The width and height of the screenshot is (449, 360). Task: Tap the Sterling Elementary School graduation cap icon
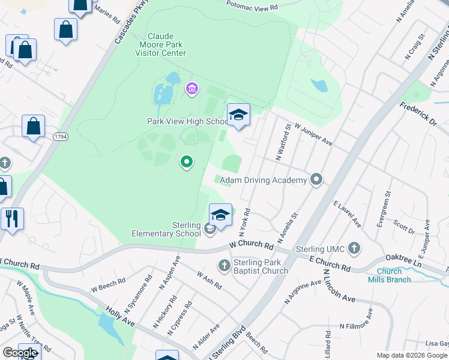click(220, 215)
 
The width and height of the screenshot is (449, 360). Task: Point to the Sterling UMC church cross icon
click(354, 248)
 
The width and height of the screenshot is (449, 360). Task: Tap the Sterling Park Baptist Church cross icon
click(224, 265)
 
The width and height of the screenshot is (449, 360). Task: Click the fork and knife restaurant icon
click(11, 219)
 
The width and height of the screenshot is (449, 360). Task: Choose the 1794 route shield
click(60, 137)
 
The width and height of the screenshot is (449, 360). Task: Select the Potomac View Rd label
click(253, 7)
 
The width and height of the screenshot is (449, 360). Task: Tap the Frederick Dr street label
click(418, 112)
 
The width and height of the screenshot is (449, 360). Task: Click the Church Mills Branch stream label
click(389, 275)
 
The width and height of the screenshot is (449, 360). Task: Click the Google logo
click(20, 353)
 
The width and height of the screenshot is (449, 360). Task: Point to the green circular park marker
click(187, 161)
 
